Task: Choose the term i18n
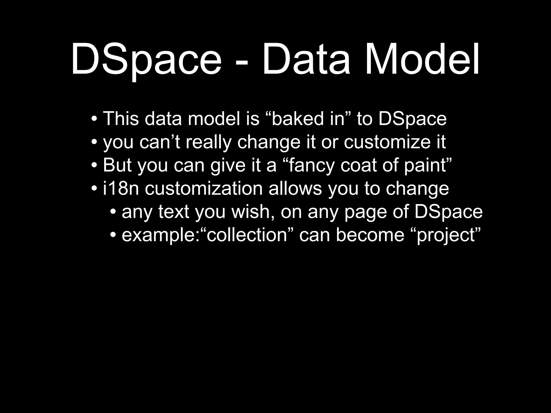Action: tap(121, 188)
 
